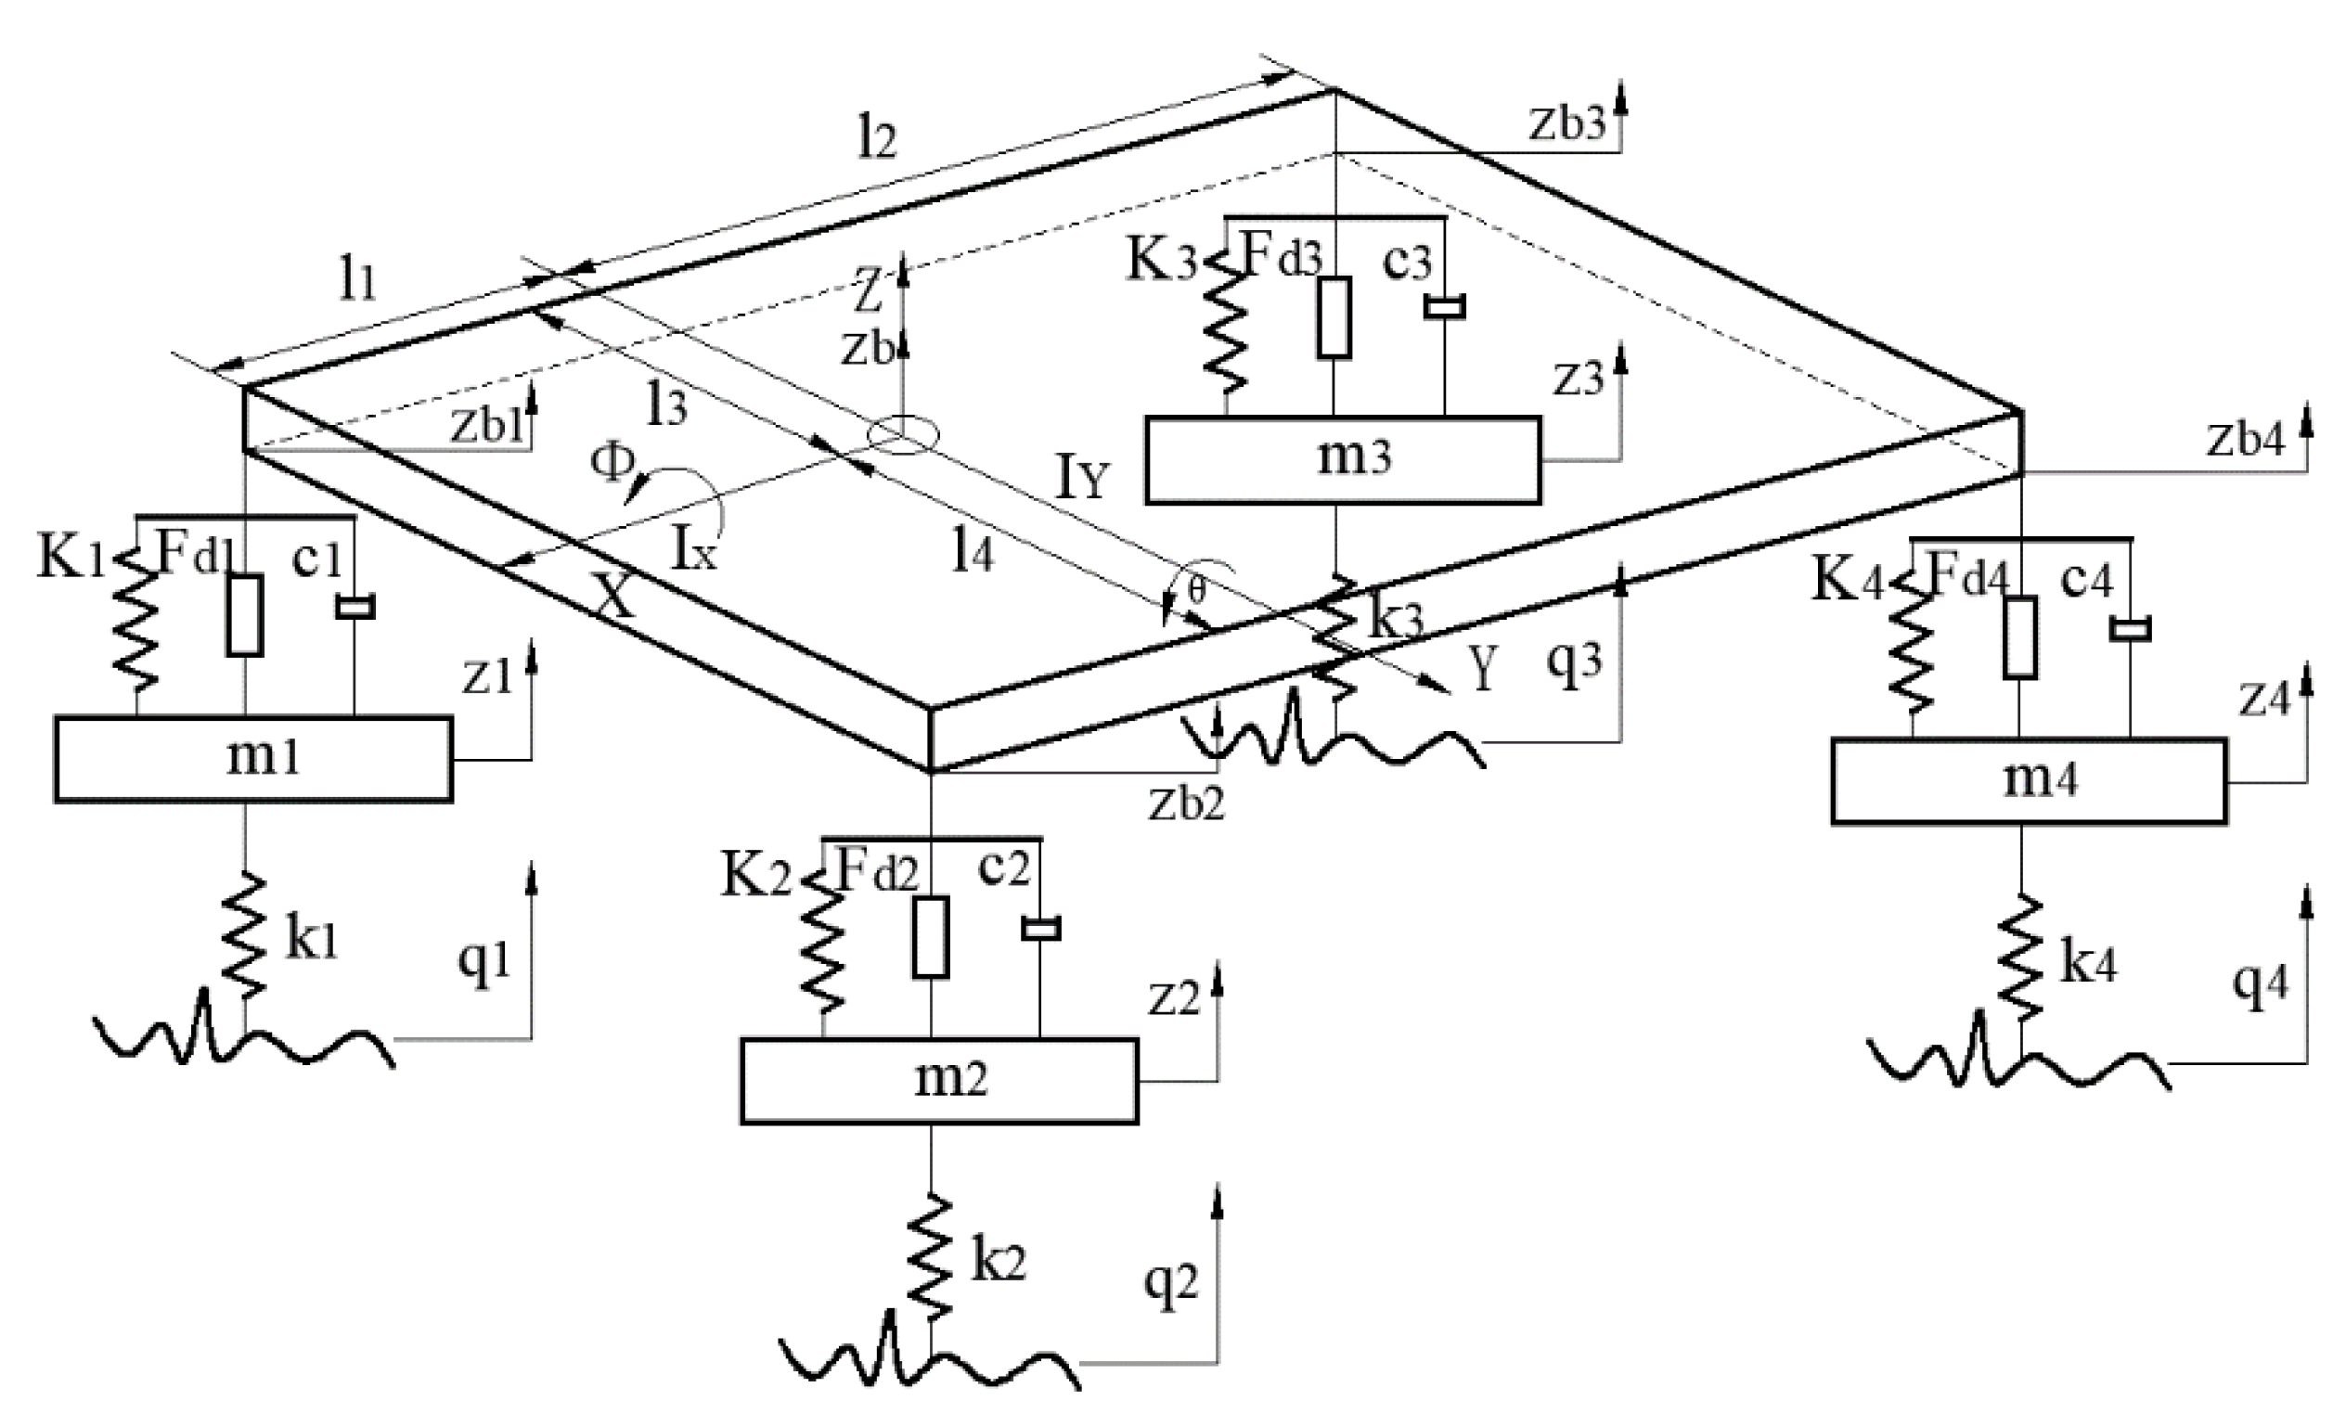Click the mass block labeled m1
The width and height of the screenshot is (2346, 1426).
(253, 760)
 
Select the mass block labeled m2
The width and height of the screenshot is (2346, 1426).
(939, 1082)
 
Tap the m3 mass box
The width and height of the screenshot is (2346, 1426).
(1343, 460)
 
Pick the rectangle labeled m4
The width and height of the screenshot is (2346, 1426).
(2028, 780)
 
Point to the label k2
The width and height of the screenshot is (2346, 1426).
(997, 1263)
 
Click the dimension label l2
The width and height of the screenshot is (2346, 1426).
(876, 141)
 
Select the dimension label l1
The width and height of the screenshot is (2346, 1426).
(358, 282)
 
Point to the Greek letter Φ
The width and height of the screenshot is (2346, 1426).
(612, 464)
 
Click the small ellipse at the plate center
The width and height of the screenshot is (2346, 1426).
(903, 435)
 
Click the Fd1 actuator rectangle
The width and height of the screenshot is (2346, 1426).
(245, 615)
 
